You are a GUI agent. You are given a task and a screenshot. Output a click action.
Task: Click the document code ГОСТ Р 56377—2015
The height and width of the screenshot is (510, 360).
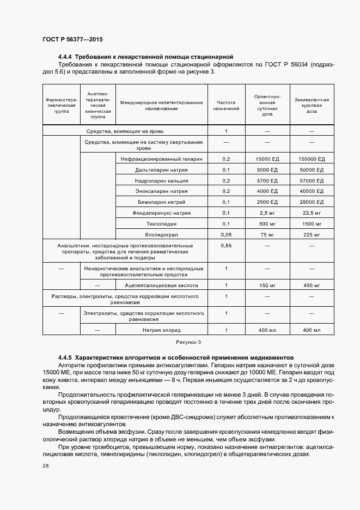click(72, 40)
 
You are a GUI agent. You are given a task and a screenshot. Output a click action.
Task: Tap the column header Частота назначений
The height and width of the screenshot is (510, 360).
click(226, 105)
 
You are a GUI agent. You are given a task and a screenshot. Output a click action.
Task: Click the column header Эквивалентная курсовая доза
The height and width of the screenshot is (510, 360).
click(312, 105)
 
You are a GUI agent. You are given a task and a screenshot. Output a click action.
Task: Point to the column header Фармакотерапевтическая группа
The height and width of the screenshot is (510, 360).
click(62, 105)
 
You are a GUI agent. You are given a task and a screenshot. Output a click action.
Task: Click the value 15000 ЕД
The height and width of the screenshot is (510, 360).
click(267, 159)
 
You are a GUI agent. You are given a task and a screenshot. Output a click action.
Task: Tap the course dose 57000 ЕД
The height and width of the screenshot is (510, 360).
click(312, 180)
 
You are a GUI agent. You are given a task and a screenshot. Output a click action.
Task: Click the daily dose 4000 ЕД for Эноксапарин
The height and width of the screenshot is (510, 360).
click(267, 191)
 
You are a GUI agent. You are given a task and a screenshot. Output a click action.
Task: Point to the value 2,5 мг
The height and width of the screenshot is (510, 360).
click(267, 212)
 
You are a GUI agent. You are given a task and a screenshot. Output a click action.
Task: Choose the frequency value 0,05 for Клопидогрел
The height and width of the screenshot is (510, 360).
click(226, 234)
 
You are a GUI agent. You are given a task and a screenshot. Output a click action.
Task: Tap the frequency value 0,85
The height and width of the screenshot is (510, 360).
click(226, 246)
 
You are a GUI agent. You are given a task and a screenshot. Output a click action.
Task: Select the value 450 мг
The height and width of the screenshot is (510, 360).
click(312, 285)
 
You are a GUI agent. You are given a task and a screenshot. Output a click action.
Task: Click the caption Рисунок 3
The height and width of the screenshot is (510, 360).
click(188, 342)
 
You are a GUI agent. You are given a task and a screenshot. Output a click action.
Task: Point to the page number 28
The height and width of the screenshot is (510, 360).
click(46, 466)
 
